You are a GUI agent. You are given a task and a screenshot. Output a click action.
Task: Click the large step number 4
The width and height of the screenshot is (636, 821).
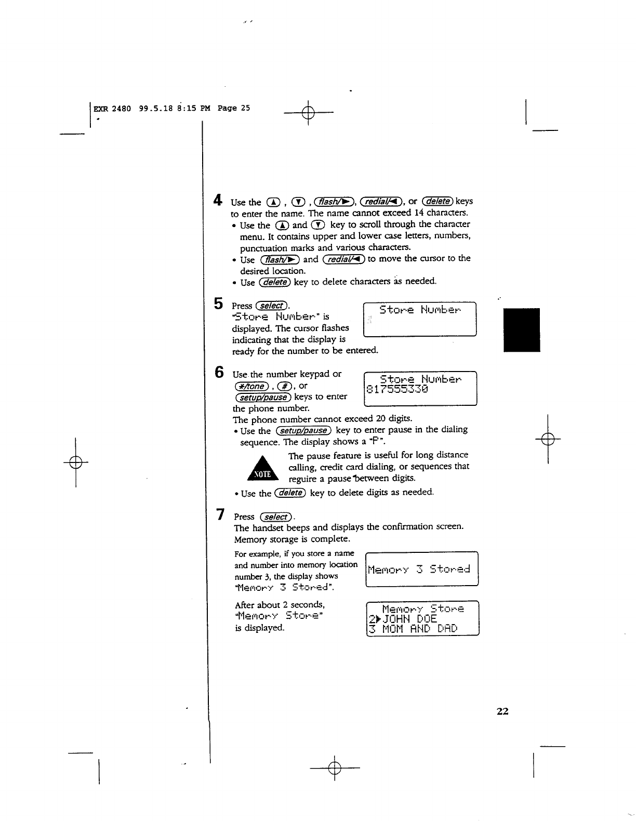pos(218,200)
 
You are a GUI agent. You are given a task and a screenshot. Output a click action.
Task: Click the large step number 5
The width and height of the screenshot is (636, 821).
pos(219,303)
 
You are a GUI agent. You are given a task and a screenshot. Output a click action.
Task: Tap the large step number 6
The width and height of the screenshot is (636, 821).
pos(220,373)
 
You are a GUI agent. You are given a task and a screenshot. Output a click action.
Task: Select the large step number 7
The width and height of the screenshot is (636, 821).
pos(221,514)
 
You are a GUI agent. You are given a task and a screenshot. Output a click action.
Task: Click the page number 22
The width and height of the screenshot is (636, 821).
pos(502,711)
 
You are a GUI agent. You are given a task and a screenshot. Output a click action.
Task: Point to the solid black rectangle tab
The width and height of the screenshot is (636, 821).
pos(522,330)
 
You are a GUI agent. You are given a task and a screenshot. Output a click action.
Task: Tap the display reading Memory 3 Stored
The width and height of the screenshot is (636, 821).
pos(419,570)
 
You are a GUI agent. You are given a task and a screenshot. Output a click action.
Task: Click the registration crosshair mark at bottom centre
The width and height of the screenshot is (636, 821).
pos(335,767)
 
